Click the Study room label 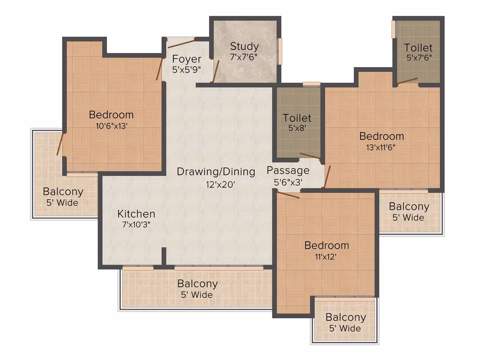pyautogui.click(x=244, y=46)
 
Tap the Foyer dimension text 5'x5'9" pyautogui.click(x=187, y=70)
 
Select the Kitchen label pyautogui.click(x=136, y=214)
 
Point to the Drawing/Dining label pyautogui.click(x=216, y=172)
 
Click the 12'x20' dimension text pyautogui.click(x=221, y=185)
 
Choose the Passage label pyautogui.click(x=288, y=170)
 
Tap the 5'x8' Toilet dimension pyautogui.click(x=297, y=127)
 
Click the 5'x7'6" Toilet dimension pyautogui.click(x=419, y=57)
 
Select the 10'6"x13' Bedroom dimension pyautogui.click(x=111, y=125)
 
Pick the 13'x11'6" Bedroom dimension pyautogui.click(x=381, y=147)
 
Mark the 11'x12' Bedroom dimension pyautogui.click(x=326, y=257)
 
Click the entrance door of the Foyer pyautogui.click(x=181, y=43)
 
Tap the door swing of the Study pyautogui.click(x=216, y=71)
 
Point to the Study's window pyautogui.click(x=280, y=51)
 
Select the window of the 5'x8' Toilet pyautogui.click(x=311, y=84)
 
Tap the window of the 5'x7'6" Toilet pyautogui.click(x=394, y=29)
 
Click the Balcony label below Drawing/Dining pyautogui.click(x=197, y=284)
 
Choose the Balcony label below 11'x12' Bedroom pyautogui.click(x=346, y=317)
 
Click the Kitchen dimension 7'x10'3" pyautogui.click(x=136, y=224)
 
